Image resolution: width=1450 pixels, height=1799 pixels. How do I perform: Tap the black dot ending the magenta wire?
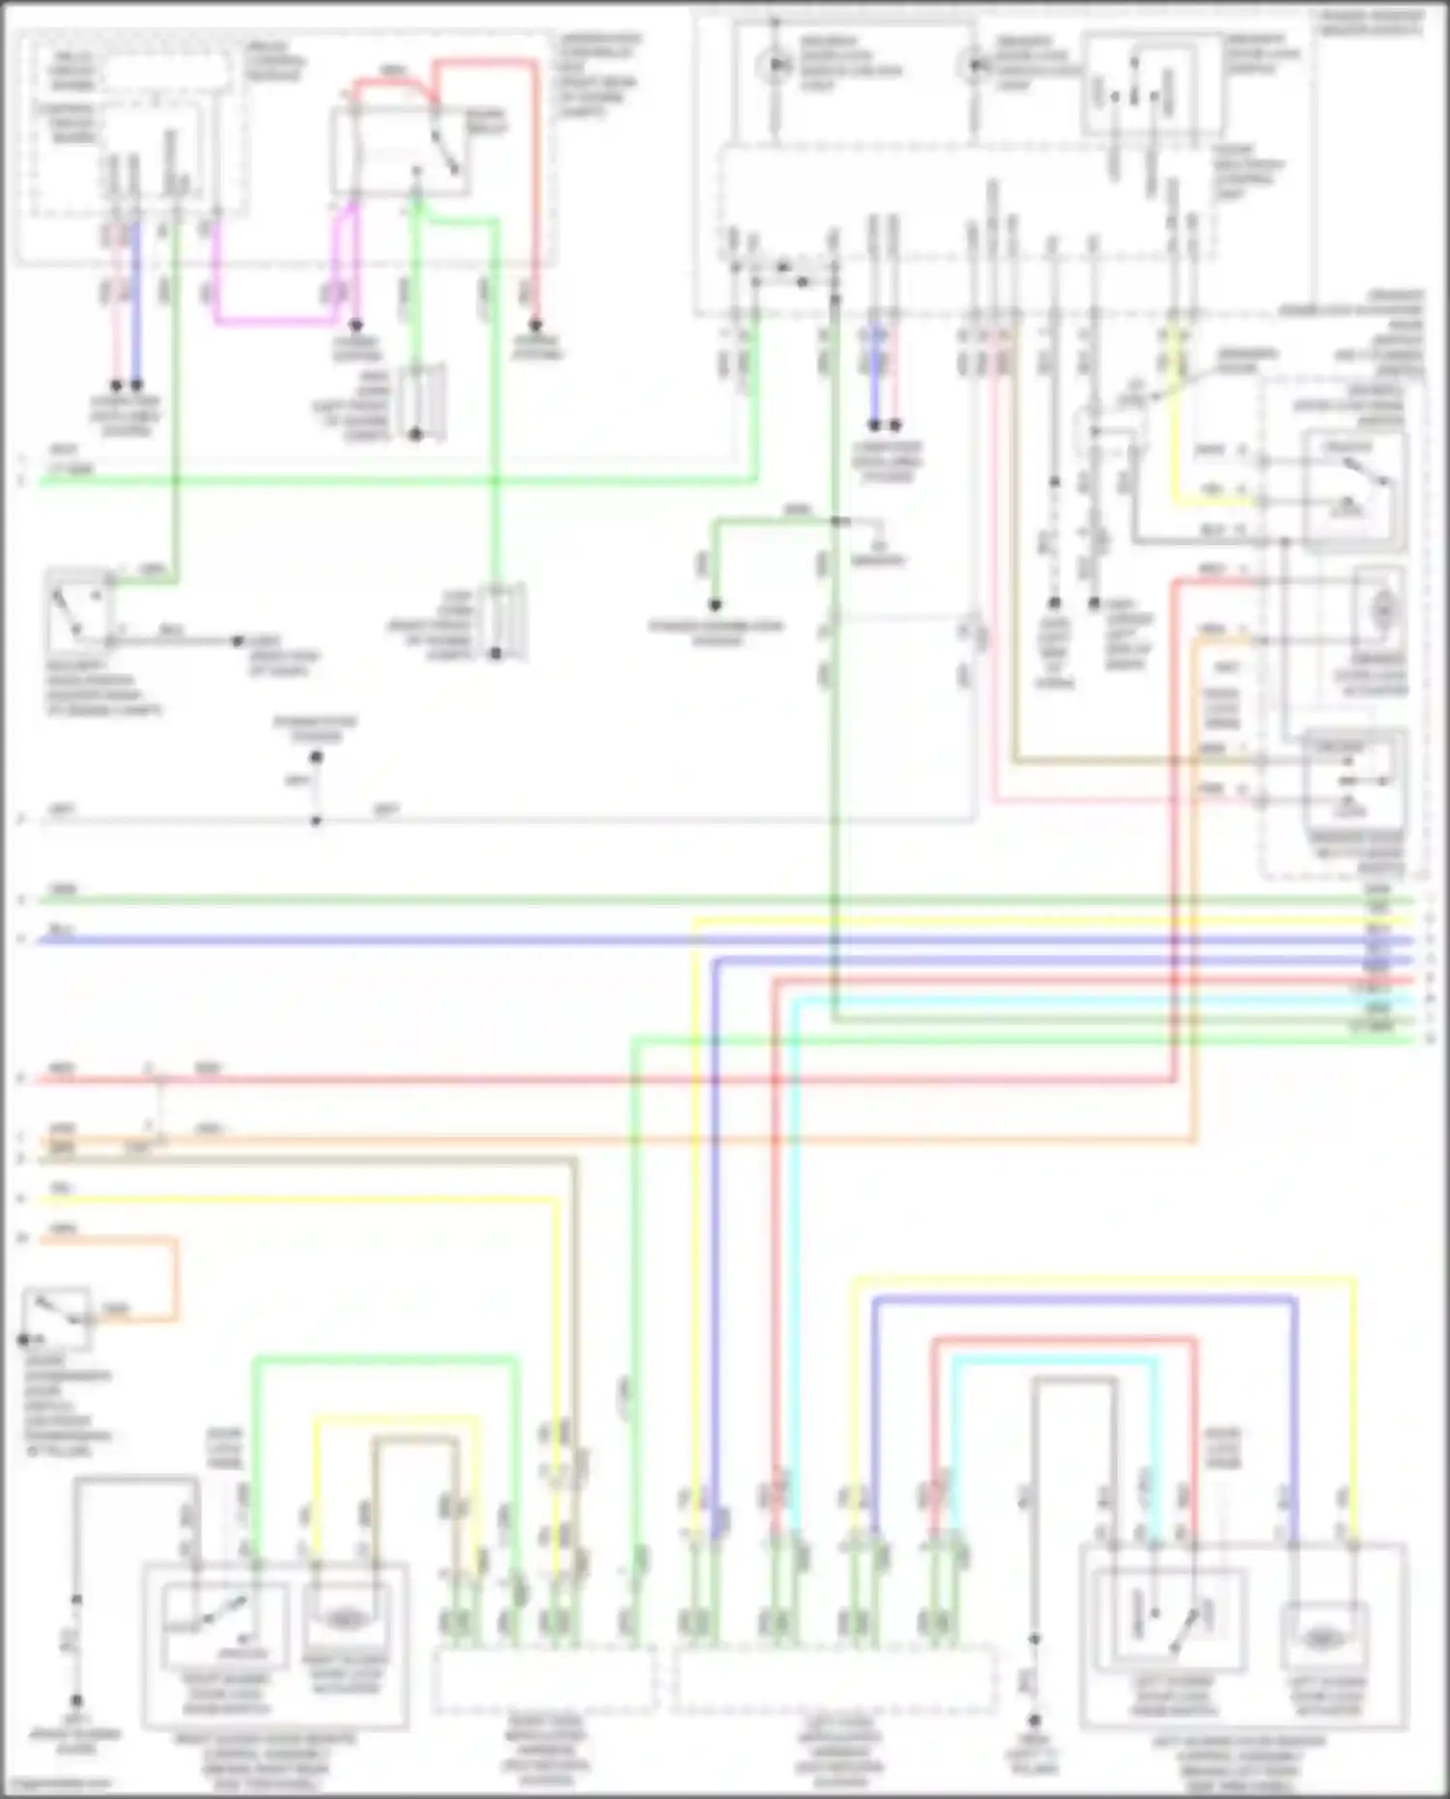click(x=356, y=326)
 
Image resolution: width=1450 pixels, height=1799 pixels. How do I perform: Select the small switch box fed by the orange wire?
click(x=58, y=1318)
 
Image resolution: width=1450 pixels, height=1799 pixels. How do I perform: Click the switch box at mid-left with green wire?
click(x=79, y=608)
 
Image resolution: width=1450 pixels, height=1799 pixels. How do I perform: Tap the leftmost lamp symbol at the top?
click(x=773, y=66)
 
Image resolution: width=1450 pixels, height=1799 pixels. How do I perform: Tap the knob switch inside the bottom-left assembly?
click(x=224, y=1624)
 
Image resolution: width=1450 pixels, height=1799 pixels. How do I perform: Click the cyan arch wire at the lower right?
click(x=1054, y=1361)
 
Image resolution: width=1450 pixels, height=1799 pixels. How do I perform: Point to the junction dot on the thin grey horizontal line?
click(x=316, y=822)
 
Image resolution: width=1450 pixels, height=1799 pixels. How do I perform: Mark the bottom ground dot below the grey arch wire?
click(x=1034, y=1721)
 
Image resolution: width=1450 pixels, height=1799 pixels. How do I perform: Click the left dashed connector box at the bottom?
click(x=543, y=1679)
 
